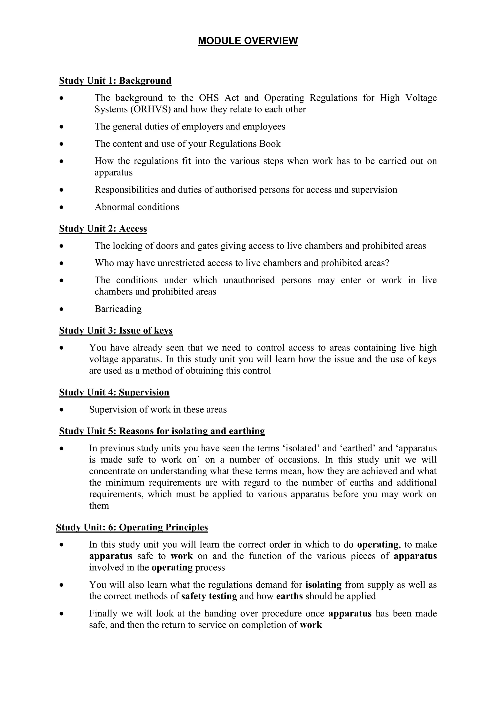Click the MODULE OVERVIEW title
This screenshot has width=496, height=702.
click(x=248, y=41)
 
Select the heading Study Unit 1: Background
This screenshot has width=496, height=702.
click(x=115, y=81)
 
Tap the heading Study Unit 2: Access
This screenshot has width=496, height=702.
click(x=103, y=229)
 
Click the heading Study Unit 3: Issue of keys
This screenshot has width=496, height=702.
click(x=116, y=330)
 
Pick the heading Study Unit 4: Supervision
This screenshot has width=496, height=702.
click(x=114, y=392)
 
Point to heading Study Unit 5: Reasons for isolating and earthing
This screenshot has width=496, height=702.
click(x=162, y=431)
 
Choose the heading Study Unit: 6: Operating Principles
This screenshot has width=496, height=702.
click(x=132, y=527)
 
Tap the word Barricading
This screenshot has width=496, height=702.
click(x=118, y=309)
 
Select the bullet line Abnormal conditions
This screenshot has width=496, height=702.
click(x=137, y=207)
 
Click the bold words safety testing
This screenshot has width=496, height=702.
click(x=209, y=596)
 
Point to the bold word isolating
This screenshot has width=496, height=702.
click(x=323, y=585)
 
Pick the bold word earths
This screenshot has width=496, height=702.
click(x=289, y=596)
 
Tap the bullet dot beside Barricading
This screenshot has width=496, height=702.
click(x=62, y=309)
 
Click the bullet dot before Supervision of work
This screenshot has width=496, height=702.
click(x=62, y=410)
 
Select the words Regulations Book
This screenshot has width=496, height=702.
click(x=245, y=144)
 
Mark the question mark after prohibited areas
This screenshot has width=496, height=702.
click(x=387, y=263)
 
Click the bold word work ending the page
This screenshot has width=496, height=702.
click(x=311, y=625)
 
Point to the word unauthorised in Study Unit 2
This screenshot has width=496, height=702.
click(x=249, y=280)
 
